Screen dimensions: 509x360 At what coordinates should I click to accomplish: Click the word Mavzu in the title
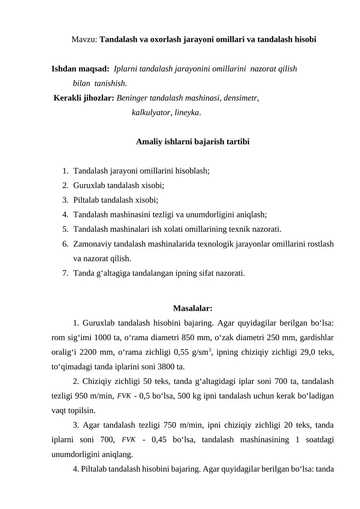click(84, 39)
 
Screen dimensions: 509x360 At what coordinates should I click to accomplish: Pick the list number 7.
click(66, 272)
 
